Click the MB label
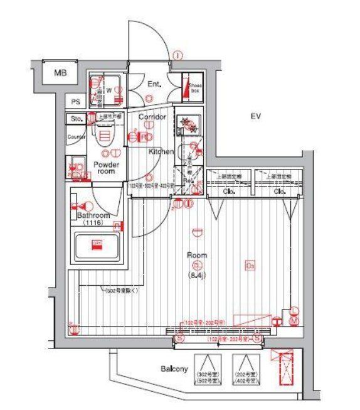[x=60, y=73]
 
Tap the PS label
[x=76, y=102]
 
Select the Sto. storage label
[x=77, y=118]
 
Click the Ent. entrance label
[x=154, y=84]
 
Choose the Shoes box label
[x=194, y=87]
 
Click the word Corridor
[x=152, y=117]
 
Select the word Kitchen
[x=161, y=152]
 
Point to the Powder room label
[x=105, y=168]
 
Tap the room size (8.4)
[x=196, y=274]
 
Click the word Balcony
[x=174, y=369]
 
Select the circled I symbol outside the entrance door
[x=178, y=55]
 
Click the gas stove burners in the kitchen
[x=186, y=124]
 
